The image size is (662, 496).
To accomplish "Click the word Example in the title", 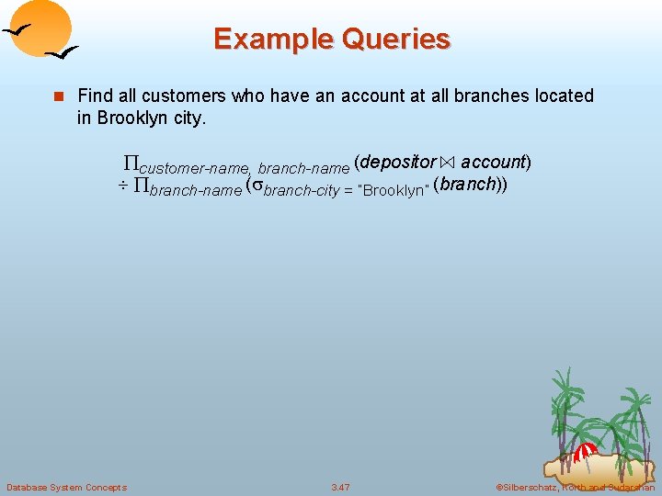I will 268,39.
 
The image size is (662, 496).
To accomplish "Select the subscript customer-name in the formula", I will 194,169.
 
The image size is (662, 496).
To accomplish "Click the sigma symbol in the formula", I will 257,186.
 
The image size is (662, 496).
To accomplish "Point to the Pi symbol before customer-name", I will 131,164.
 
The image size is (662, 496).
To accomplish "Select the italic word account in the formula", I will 492,163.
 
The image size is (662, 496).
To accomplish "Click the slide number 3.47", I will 340,487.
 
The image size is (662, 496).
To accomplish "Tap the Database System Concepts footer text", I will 66,487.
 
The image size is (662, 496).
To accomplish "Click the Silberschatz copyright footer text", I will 575,487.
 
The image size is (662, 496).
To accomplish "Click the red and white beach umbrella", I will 586,452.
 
